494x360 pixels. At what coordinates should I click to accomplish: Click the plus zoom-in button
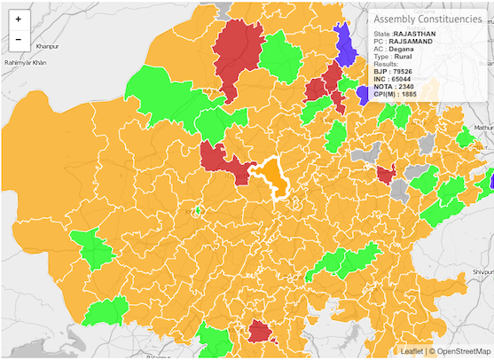pyautogui.click(x=18, y=18)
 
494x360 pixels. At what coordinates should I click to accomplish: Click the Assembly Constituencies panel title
pyautogui.click(x=427, y=19)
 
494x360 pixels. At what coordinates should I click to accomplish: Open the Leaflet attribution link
pyautogui.click(x=413, y=352)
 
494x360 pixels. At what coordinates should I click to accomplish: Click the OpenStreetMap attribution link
pyautogui.click(x=461, y=352)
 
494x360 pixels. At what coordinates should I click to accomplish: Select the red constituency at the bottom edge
pyautogui.click(x=261, y=333)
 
